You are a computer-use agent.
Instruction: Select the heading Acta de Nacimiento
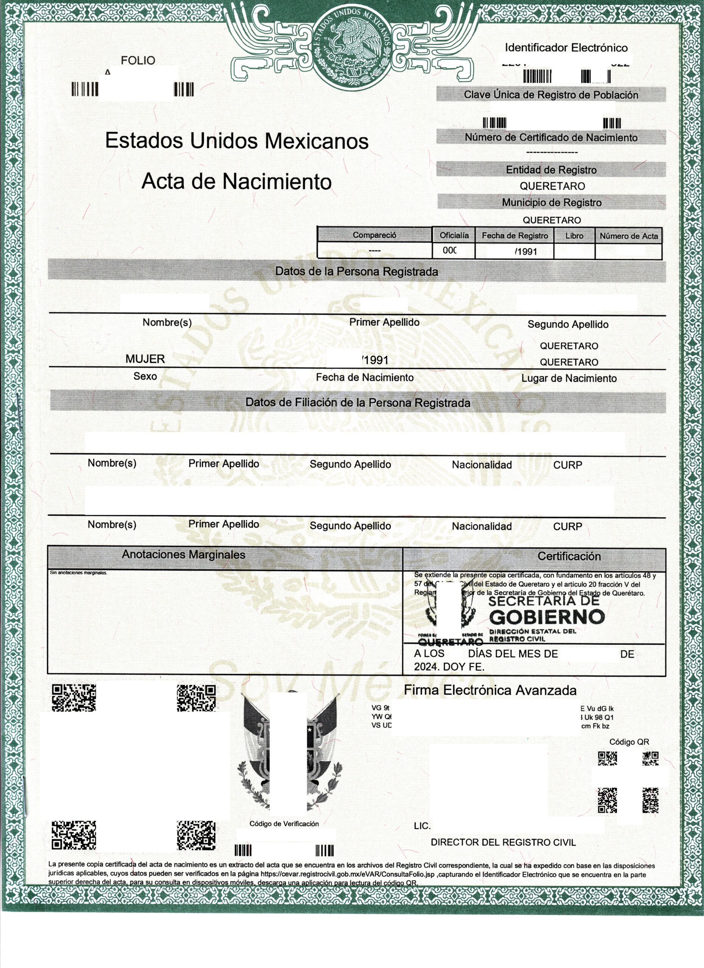coord(236,181)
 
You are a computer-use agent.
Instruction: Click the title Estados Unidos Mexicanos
coord(236,140)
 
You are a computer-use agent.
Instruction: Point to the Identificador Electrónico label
coord(566,48)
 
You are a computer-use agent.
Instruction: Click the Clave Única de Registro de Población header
coord(551,95)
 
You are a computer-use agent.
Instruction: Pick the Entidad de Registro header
coord(551,170)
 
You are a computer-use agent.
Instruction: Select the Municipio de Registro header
coord(551,202)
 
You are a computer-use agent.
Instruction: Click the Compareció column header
coord(374,235)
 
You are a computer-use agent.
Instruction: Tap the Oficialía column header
coord(454,235)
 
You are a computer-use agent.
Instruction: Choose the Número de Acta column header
coord(628,236)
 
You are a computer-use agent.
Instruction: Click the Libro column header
coord(574,236)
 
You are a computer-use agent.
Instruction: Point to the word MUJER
coord(145,359)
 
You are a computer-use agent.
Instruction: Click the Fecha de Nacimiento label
coord(365,377)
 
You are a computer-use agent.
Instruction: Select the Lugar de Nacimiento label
coord(569,378)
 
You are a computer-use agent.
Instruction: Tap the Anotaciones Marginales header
coord(183,554)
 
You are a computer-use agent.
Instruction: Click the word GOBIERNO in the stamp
coord(547,617)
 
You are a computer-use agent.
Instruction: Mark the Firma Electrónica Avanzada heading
coord(490,690)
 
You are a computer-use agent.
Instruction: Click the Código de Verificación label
coord(284,824)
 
